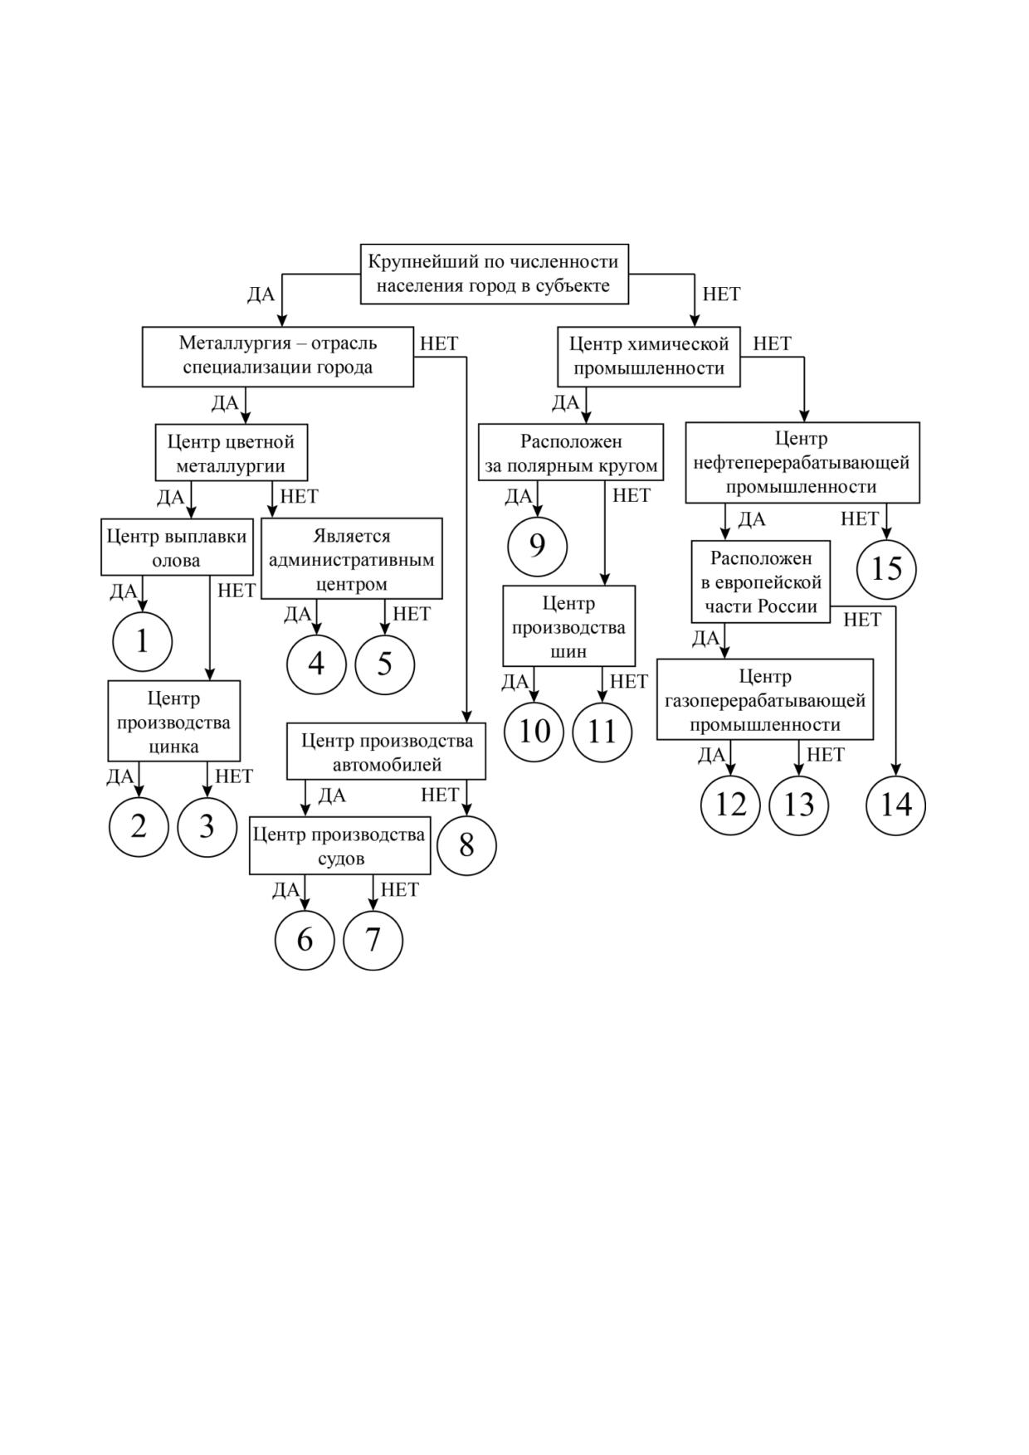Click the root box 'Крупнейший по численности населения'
coord(494,274)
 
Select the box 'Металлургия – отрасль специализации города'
coord(277,357)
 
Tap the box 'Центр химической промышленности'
coord(649,357)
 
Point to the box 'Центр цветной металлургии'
coord(232,453)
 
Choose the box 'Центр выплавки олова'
coord(177,547)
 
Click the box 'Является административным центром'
coord(352,559)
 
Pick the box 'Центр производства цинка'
coord(173,721)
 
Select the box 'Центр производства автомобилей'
coord(387,752)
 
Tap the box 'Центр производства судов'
coord(340,845)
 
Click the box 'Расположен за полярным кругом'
coord(571,452)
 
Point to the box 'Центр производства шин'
coord(568,626)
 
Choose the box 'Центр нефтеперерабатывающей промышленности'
coord(802,463)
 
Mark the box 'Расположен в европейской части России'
coord(761,582)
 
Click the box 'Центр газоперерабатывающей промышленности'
coord(765,699)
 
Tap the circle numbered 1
coord(142,641)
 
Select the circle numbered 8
coord(466,845)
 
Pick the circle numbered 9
coord(537,547)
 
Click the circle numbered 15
coord(886,569)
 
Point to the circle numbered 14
coord(896,805)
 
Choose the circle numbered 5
coord(384,664)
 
